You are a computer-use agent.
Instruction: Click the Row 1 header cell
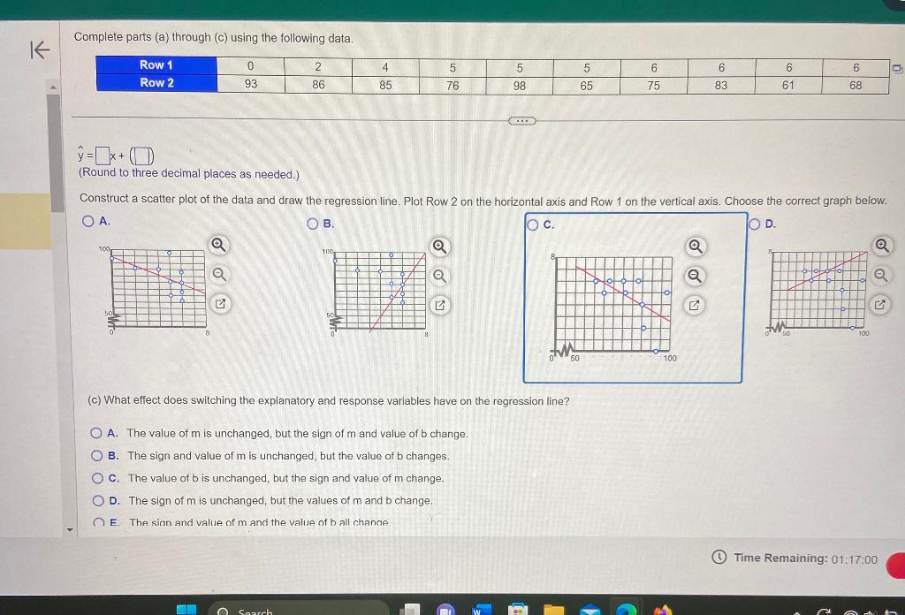pyautogui.click(x=156, y=65)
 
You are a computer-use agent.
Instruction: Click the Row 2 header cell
pyautogui.click(x=156, y=83)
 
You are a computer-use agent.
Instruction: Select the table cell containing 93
pyautogui.click(x=251, y=85)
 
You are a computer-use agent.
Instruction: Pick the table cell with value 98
pyautogui.click(x=520, y=85)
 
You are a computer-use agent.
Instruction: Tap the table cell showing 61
pyautogui.click(x=787, y=85)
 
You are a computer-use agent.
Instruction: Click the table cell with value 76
pyautogui.click(x=452, y=85)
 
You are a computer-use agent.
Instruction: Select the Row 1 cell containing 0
pyautogui.click(x=251, y=66)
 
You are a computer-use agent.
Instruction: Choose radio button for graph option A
pyautogui.click(x=87, y=221)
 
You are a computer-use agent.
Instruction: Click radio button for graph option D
pyautogui.click(x=754, y=224)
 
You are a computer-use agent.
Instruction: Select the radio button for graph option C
pyautogui.click(x=533, y=224)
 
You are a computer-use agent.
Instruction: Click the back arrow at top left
pyautogui.click(x=39, y=50)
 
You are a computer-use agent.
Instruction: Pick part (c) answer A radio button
pyautogui.click(x=96, y=433)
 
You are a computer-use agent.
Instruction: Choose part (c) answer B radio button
pyautogui.click(x=96, y=456)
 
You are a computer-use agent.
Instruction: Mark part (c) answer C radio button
pyautogui.click(x=97, y=478)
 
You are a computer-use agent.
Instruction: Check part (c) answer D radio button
pyautogui.click(x=97, y=500)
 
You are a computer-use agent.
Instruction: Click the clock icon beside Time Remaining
pyautogui.click(x=719, y=558)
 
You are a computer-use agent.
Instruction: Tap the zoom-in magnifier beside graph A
pyautogui.click(x=217, y=245)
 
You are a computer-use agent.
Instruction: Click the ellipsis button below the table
pyautogui.click(x=521, y=119)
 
